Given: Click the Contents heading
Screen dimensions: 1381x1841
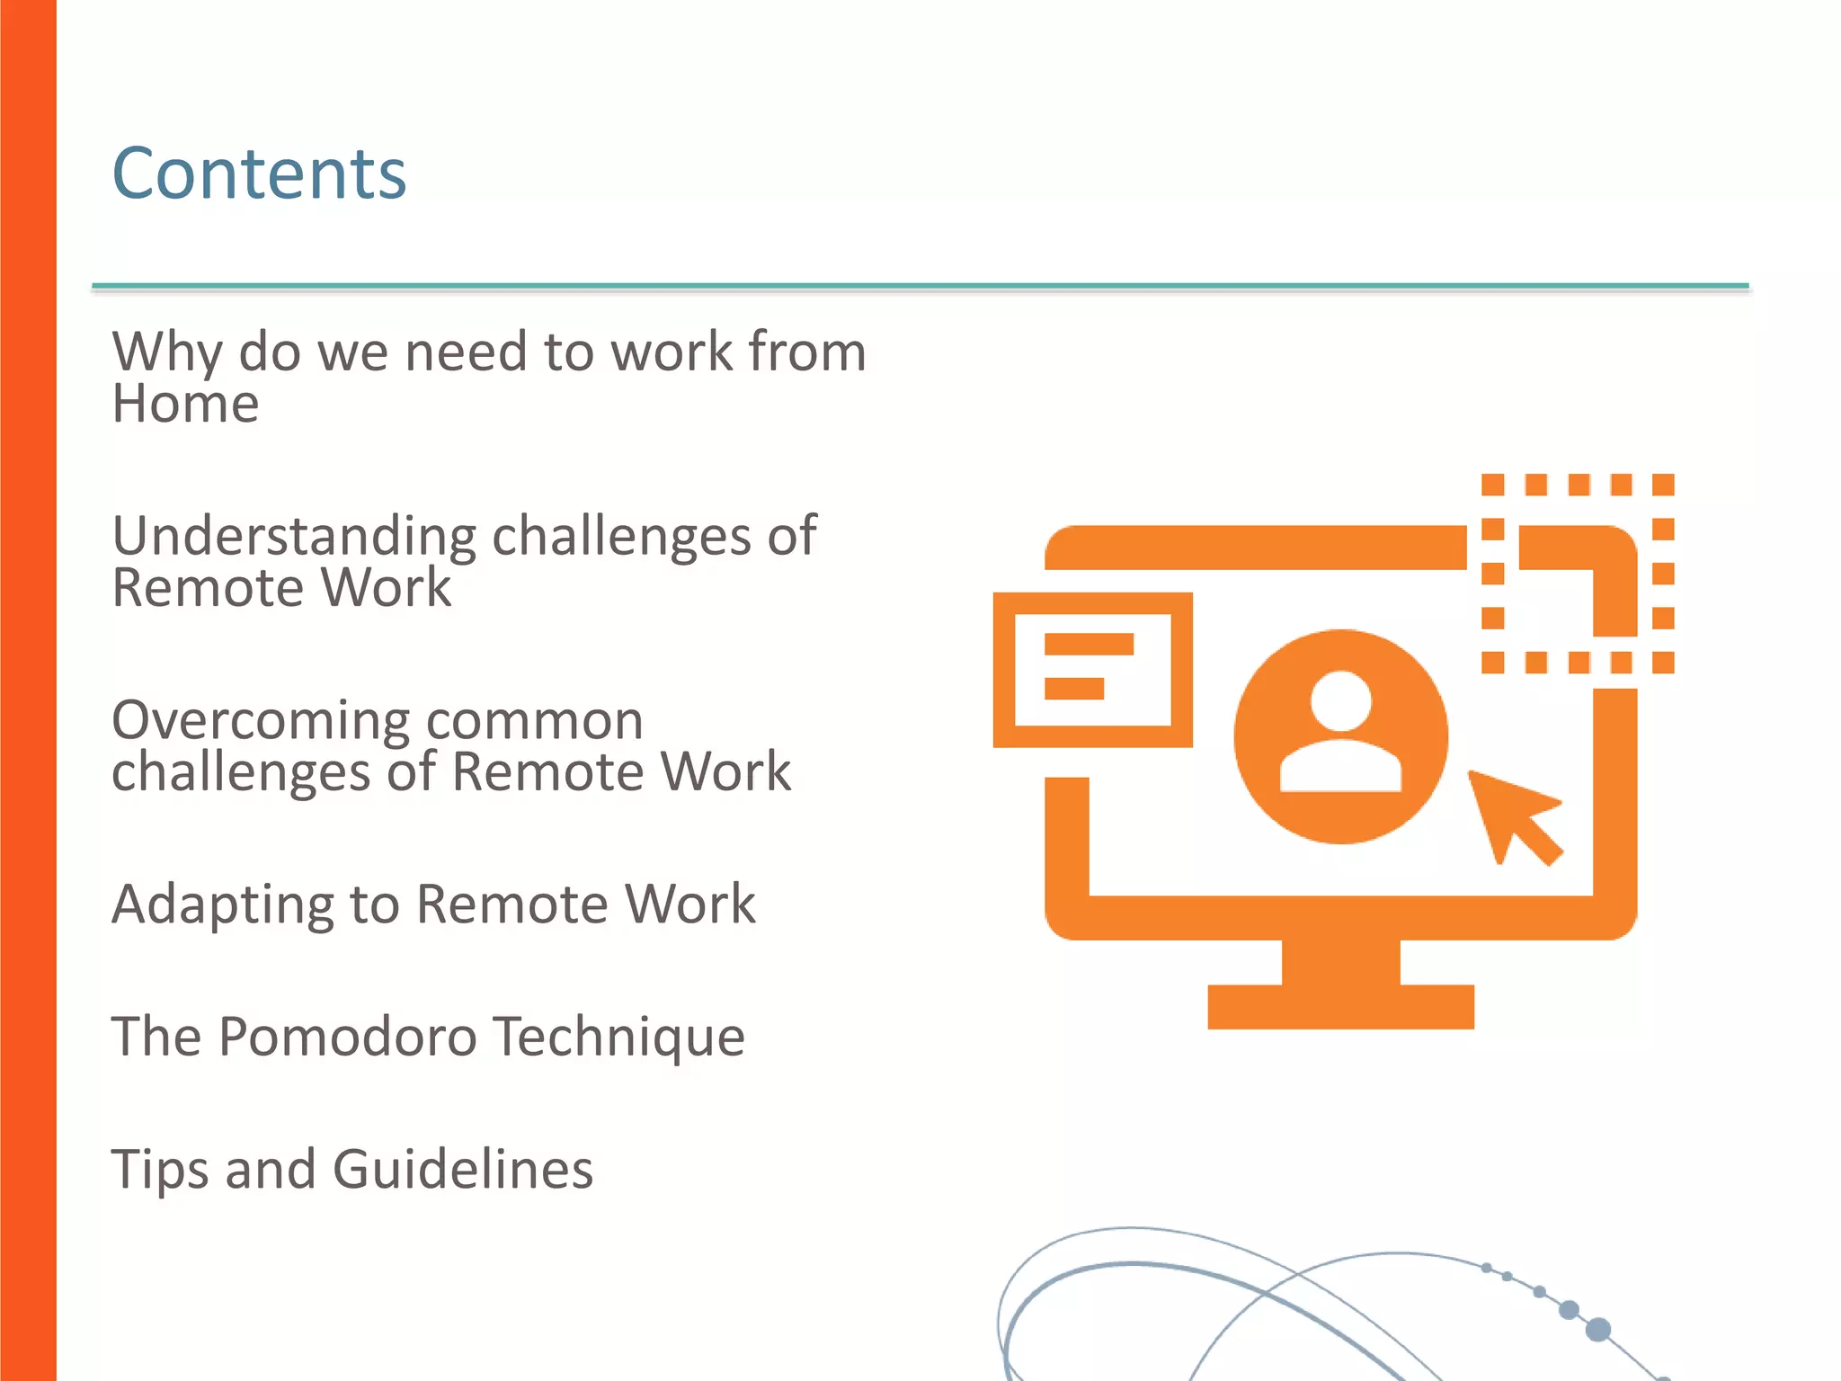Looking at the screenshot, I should [x=259, y=174].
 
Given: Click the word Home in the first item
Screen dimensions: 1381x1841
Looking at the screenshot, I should [x=185, y=404].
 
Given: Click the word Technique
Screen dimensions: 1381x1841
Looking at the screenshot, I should [x=619, y=1037].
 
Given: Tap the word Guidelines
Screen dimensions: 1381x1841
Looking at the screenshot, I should [x=463, y=1170].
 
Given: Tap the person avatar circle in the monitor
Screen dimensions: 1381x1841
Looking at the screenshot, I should [x=1340, y=736].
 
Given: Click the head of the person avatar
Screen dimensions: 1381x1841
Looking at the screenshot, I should [x=1340, y=700].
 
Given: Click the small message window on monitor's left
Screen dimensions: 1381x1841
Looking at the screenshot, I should [x=1092, y=670].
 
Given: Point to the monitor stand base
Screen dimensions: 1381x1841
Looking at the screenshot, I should [x=1340, y=1006].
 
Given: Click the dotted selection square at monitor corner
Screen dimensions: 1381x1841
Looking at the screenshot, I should [x=1578, y=574].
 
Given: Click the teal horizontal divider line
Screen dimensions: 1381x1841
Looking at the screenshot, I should [x=920, y=286].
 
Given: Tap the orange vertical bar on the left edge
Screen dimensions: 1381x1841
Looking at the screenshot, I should [x=28, y=690].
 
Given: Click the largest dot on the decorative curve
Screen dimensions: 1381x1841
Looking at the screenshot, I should [x=1598, y=1329].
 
